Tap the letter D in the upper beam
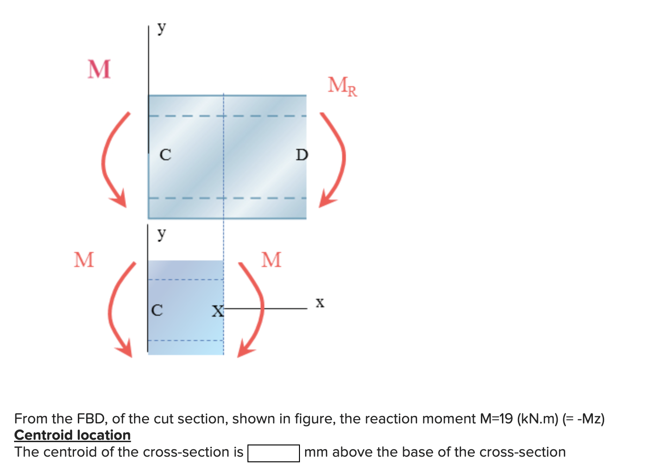pyautogui.click(x=302, y=155)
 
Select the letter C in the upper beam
pyautogui.click(x=165, y=155)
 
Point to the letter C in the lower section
pyautogui.click(x=157, y=310)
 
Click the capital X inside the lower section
pyautogui.click(x=217, y=311)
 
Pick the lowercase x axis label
pyautogui.click(x=320, y=303)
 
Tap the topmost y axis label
pyautogui.click(x=161, y=28)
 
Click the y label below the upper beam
pyautogui.click(x=161, y=233)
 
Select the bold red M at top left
pyautogui.click(x=99, y=69)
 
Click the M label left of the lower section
pyautogui.click(x=84, y=259)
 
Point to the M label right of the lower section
pyautogui.click(x=271, y=259)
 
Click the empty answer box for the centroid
pyautogui.click(x=273, y=453)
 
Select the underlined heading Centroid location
pyautogui.click(x=72, y=435)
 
